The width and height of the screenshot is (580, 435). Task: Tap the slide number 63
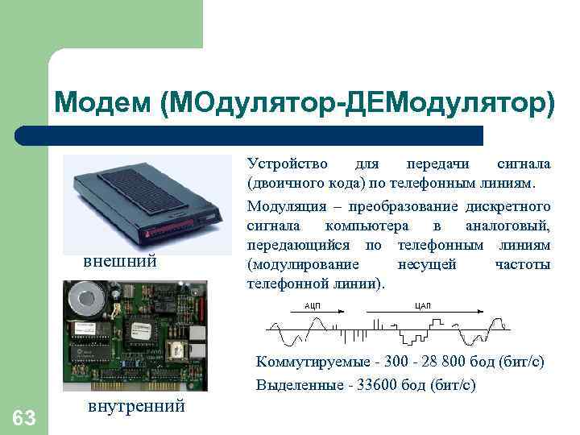click(x=24, y=417)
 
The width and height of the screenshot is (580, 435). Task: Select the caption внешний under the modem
click(x=120, y=262)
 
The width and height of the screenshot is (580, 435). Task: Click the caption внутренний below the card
click(x=135, y=405)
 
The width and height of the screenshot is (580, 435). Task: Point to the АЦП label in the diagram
click(x=313, y=305)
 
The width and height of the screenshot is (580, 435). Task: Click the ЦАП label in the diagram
click(x=423, y=305)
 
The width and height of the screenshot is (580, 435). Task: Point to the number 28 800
click(x=420, y=363)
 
